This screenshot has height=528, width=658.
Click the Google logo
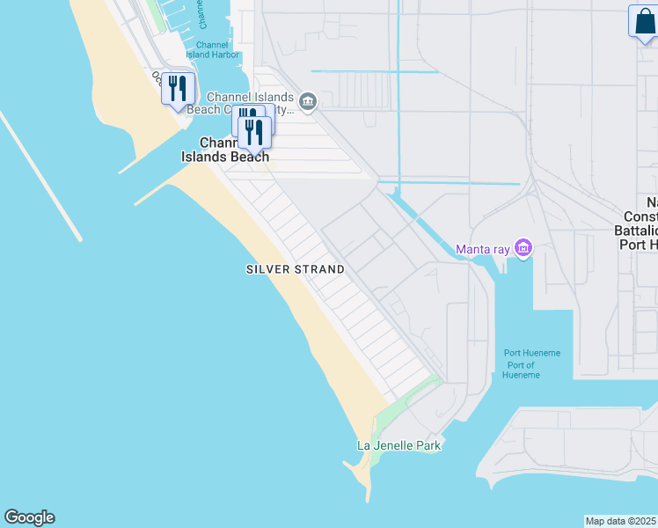pos(29,517)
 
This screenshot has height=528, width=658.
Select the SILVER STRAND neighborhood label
pos(294,269)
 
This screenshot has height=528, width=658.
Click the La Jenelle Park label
pos(398,445)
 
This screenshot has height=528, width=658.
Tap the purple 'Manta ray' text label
pos(482,249)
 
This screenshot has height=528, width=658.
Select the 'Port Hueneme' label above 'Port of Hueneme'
pos(531,354)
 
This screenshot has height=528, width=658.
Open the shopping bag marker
pos(643,23)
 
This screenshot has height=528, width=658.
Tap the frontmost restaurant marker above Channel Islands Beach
pos(254,133)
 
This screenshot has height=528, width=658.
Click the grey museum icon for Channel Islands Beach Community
pos(308,102)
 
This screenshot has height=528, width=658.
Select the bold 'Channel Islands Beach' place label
pos(225,150)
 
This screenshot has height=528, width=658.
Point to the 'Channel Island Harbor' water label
pos(212,49)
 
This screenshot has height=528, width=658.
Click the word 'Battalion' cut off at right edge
pos(639,230)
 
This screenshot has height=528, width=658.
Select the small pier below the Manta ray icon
pos(503,268)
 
